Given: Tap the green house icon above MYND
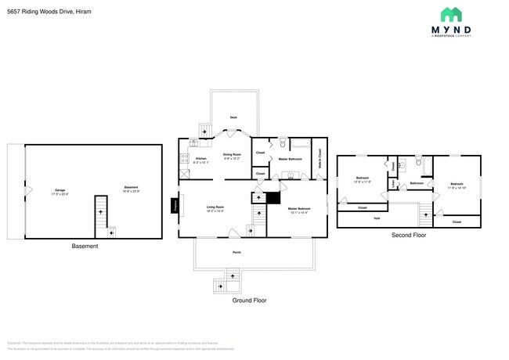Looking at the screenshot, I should pyautogui.click(x=450, y=14).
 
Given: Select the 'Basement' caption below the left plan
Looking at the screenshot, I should pyautogui.click(x=85, y=247).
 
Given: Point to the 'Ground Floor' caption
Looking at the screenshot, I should pyautogui.click(x=250, y=300).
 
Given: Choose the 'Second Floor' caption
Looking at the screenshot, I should pyautogui.click(x=409, y=234).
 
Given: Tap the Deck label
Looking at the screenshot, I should pyautogui.click(x=233, y=118).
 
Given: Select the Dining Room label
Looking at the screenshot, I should pyautogui.click(x=232, y=155).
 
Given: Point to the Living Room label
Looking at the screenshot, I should pyautogui.click(x=215, y=208).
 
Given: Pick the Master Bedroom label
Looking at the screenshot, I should pyautogui.click(x=299, y=209).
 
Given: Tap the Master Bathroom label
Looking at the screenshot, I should pyautogui.click(x=291, y=160).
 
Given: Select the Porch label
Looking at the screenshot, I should pyautogui.click(x=236, y=253).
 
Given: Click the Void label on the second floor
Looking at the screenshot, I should pyautogui.click(x=377, y=218).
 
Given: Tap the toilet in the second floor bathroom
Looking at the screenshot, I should pyautogui.click(x=419, y=161).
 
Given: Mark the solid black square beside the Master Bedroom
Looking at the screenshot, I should pyautogui.click(x=273, y=198).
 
